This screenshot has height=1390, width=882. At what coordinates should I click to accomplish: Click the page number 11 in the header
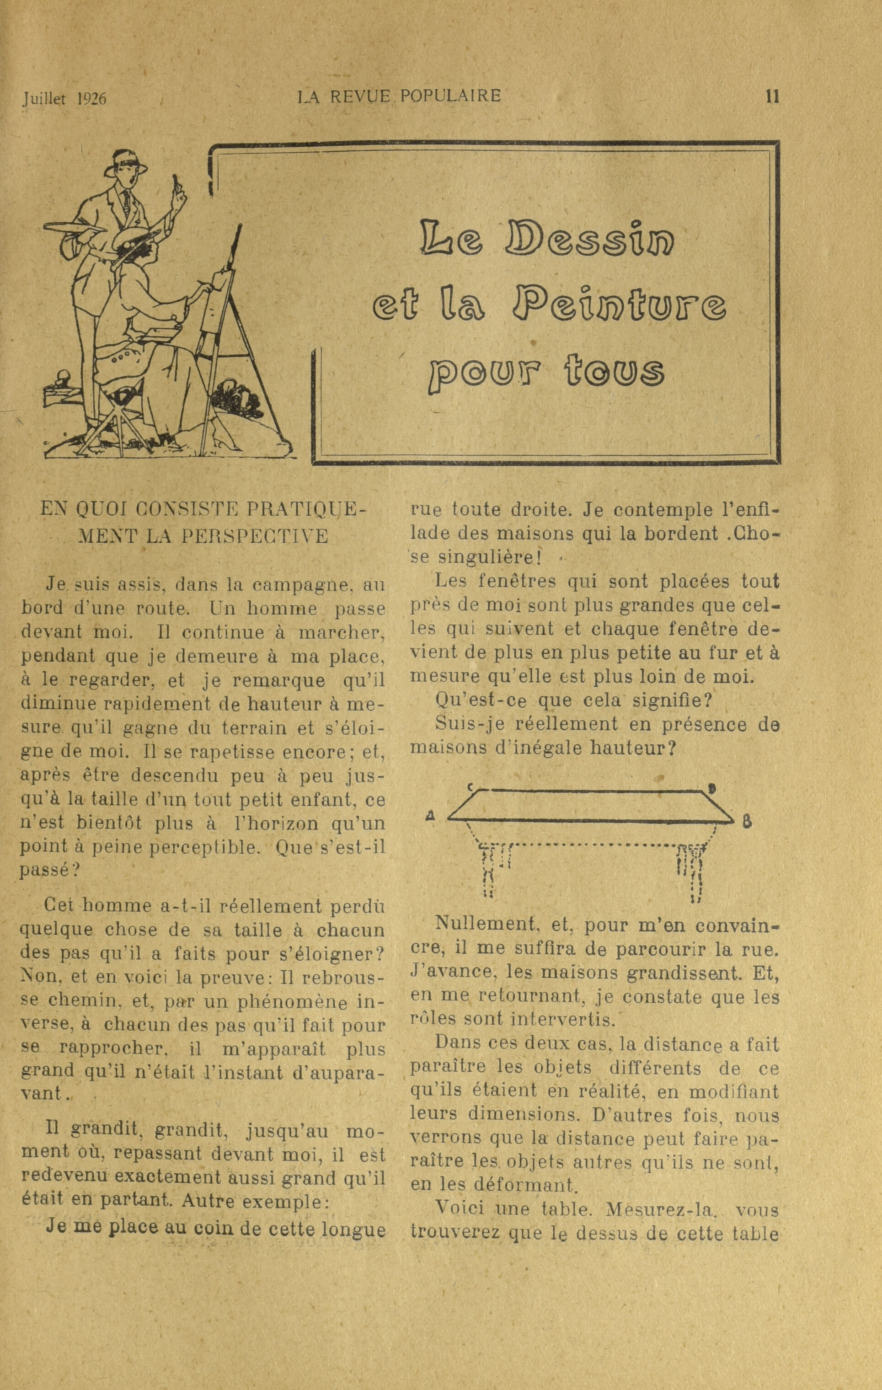(x=772, y=96)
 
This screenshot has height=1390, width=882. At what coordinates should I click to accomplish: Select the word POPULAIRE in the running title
(x=450, y=95)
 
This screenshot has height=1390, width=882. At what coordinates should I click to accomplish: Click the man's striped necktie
(x=126, y=199)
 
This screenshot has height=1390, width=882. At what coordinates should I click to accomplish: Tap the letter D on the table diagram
(x=712, y=787)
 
